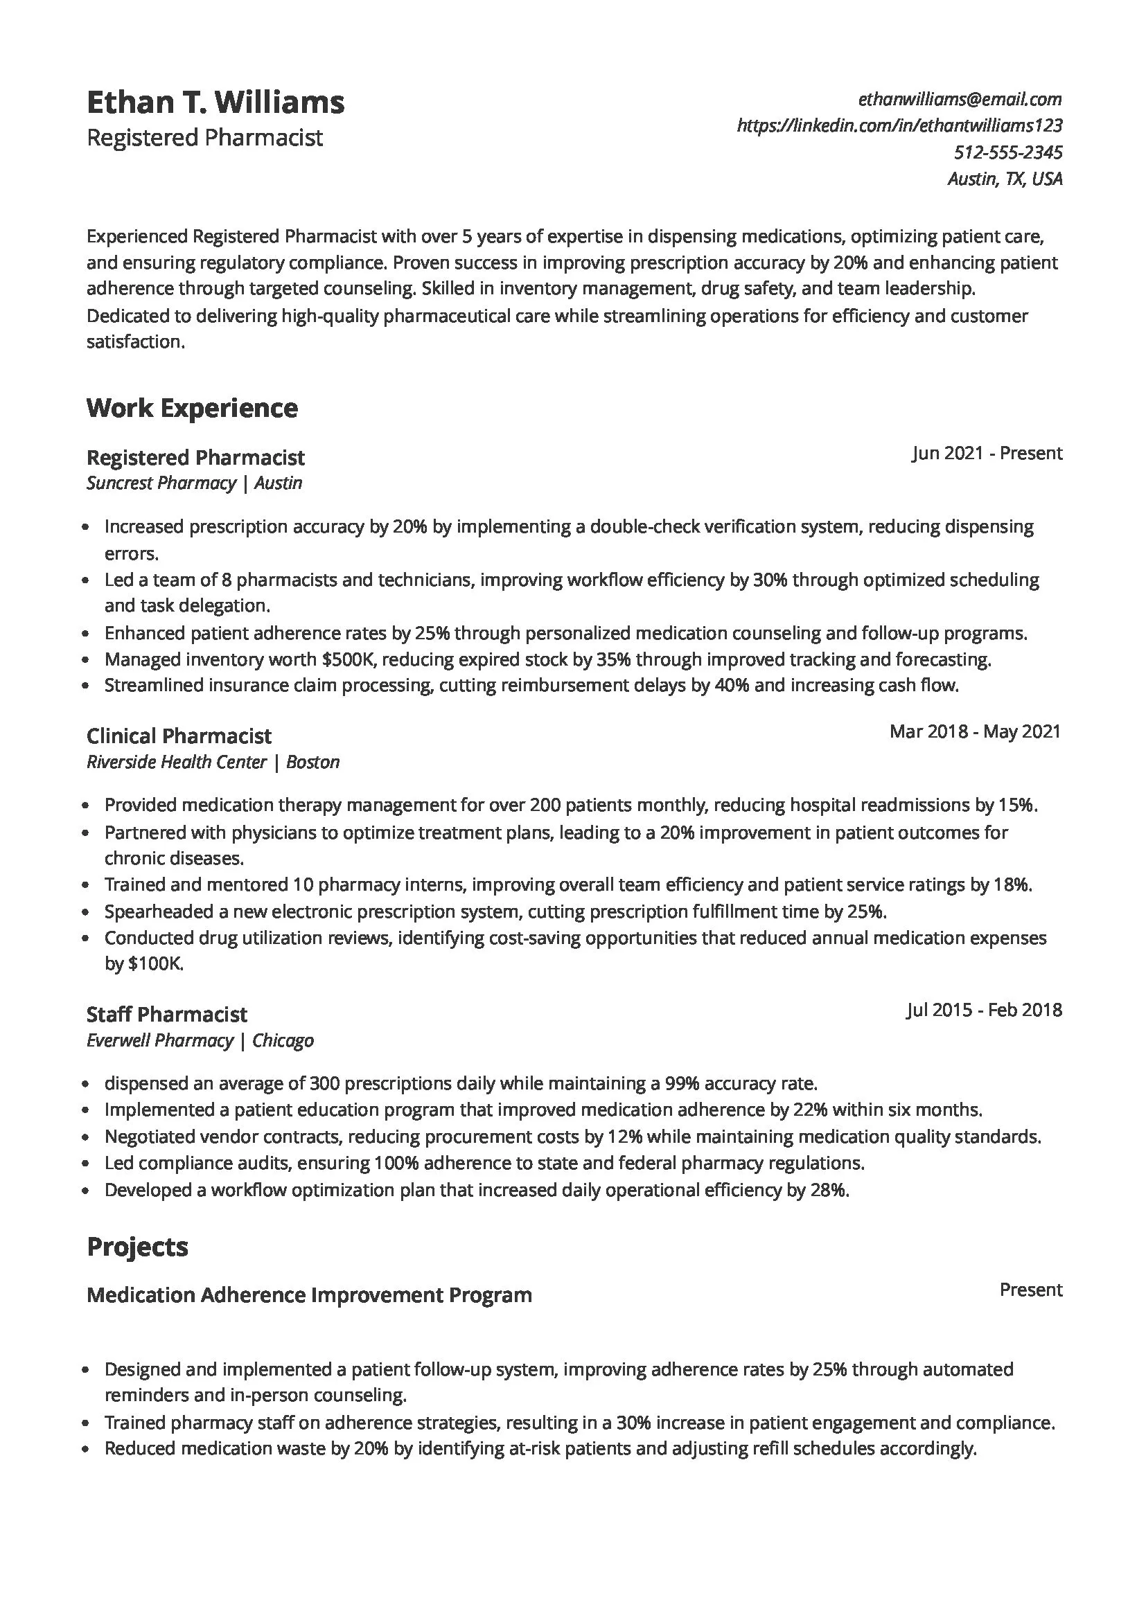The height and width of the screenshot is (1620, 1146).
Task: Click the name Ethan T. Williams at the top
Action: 215,103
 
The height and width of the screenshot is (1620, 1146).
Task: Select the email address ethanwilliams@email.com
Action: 960,100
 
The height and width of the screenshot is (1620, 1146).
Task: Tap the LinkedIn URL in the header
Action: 899,125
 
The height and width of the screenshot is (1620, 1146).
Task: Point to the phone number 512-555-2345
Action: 1007,152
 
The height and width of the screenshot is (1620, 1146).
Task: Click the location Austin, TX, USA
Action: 1004,179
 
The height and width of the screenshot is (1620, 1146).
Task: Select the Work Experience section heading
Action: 192,408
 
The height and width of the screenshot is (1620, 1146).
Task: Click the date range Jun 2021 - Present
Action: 987,453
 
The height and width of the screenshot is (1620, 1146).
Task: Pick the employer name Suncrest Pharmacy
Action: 161,483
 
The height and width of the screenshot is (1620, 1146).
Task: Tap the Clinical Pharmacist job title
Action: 179,736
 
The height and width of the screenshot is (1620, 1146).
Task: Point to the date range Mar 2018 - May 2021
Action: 975,731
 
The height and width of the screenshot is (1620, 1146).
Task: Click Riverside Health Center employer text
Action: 177,762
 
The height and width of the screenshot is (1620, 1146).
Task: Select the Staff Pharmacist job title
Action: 166,1015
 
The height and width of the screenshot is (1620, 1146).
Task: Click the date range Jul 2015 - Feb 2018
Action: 984,1010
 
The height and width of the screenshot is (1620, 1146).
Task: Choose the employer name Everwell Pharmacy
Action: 159,1041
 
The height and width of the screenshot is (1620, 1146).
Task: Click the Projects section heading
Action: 138,1247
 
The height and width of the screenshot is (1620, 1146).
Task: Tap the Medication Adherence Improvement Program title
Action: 309,1295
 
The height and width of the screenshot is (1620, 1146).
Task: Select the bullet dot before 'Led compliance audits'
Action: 86,1164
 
